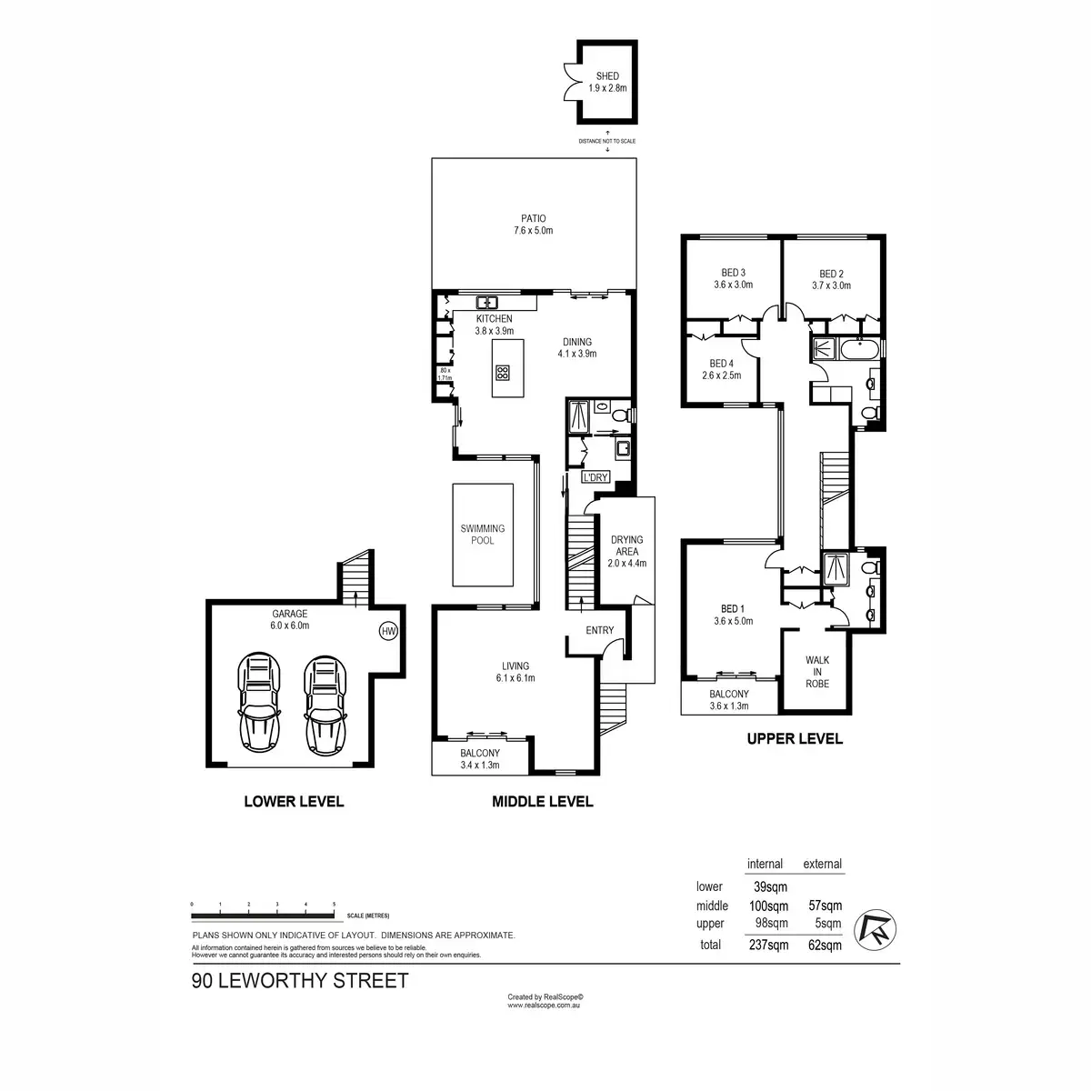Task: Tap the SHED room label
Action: pyautogui.click(x=606, y=76)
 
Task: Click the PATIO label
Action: pyautogui.click(x=532, y=218)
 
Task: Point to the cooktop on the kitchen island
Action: pyautogui.click(x=503, y=372)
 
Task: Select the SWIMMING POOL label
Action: pyautogui.click(x=482, y=535)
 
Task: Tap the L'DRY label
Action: pyautogui.click(x=596, y=477)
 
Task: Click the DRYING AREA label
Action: pyautogui.click(x=626, y=545)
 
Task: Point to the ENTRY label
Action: pyautogui.click(x=600, y=630)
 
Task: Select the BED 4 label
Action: pyautogui.click(x=721, y=362)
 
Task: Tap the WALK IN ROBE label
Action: pyautogui.click(x=817, y=672)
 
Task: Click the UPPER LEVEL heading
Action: pyautogui.click(x=795, y=739)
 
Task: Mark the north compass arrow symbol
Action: pyautogui.click(x=877, y=926)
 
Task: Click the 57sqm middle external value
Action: pyautogui.click(x=825, y=906)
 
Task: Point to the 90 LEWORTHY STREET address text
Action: pyautogui.click(x=300, y=981)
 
